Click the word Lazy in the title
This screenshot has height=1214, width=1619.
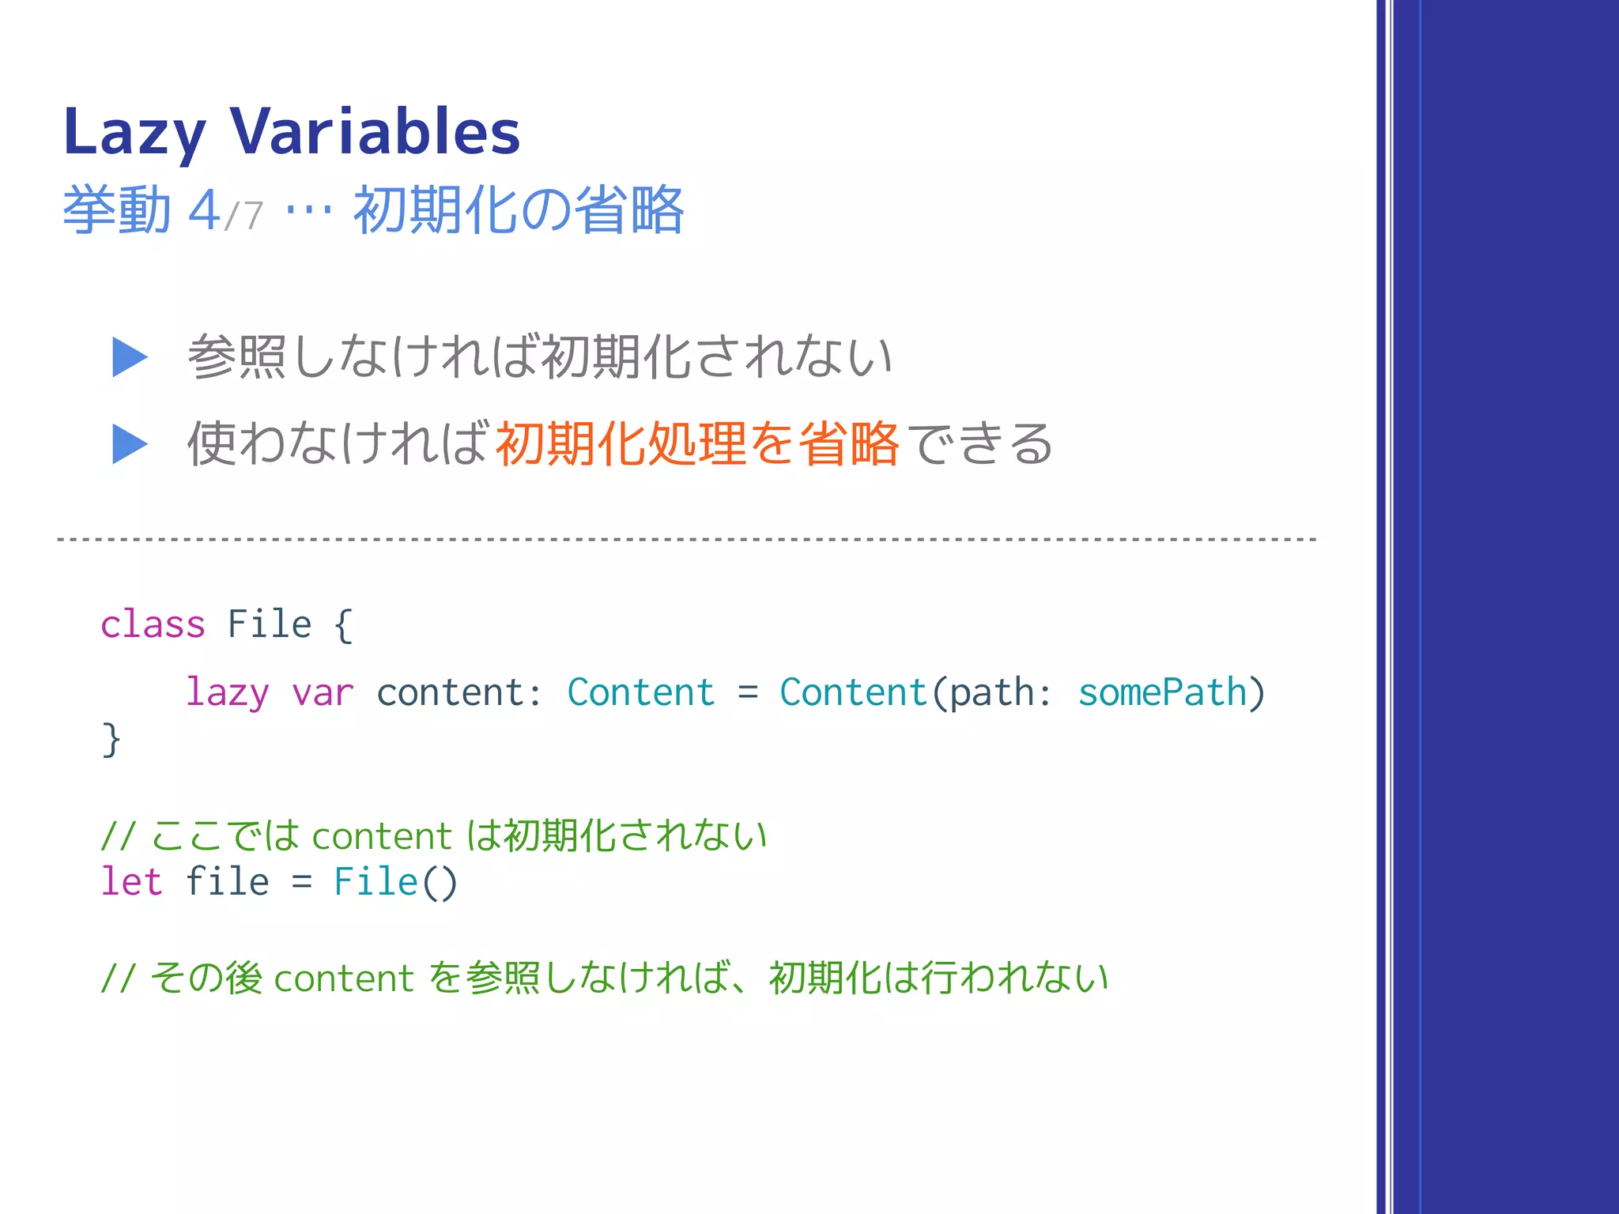pyautogui.click(x=134, y=133)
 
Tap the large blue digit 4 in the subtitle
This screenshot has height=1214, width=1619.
pyautogui.click(x=204, y=210)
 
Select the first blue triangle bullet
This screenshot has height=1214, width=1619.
pyautogui.click(x=130, y=357)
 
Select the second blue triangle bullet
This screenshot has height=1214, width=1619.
pyautogui.click(x=130, y=443)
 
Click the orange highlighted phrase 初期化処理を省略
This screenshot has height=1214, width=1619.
pyautogui.click(x=696, y=443)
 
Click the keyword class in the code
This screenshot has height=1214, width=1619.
pyautogui.click(x=153, y=624)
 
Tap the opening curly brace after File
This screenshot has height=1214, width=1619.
pyautogui.click(x=342, y=625)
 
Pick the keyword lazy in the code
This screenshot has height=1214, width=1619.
pyautogui.click(x=227, y=693)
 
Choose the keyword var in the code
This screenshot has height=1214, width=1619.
pyautogui.click(x=323, y=693)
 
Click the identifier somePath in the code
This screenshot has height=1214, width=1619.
pyautogui.click(x=1162, y=693)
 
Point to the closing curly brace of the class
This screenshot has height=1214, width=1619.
pyautogui.click(x=111, y=740)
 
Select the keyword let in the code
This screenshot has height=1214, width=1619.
pyautogui.click(x=131, y=881)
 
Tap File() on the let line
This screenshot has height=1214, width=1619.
pyautogui.click(x=395, y=881)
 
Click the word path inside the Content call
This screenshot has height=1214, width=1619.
pyautogui.click(x=993, y=693)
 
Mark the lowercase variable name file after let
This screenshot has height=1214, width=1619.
pyautogui.click(x=227, y=881)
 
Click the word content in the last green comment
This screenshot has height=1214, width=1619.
pyautogui.click(x=344, y=978)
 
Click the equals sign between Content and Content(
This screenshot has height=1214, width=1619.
pyautogui.click(x=748, y=693)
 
